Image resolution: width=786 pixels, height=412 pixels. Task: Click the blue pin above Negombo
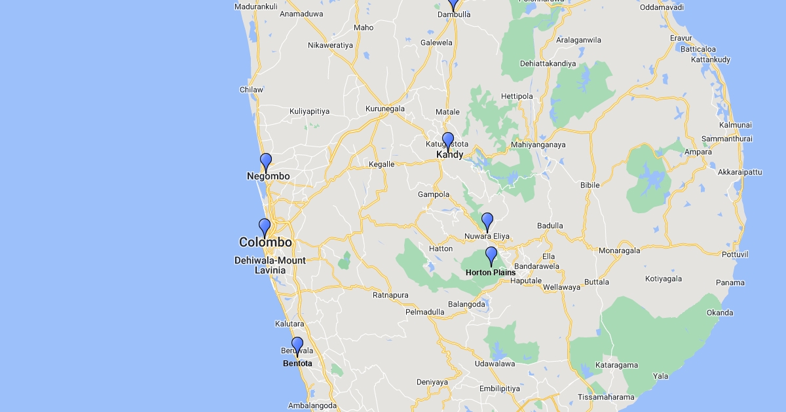coord(266,162)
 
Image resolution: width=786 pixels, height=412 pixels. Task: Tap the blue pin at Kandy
coord(448,141)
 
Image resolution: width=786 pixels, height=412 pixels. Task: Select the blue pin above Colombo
coord(265,227)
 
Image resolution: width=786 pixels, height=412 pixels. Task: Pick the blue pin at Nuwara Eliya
coord(487,221)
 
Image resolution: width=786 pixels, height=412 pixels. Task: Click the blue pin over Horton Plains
coord(491,255)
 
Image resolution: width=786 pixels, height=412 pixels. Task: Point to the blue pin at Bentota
coord(297,345)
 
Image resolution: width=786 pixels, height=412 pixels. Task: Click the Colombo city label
coord(265,243)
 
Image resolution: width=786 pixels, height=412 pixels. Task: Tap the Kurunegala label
coord(385,109)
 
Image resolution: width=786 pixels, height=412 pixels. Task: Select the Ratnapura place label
coord(390,296)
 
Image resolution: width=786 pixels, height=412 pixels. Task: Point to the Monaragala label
coord(619,250)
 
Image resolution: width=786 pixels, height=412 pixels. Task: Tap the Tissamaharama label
coord(606,398)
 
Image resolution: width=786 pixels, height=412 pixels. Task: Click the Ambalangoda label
coord(312,405)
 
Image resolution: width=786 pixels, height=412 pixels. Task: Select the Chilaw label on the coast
coord(252,90)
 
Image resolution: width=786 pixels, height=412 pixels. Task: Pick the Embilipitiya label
coord(499,388)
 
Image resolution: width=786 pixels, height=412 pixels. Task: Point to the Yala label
coord(661,376)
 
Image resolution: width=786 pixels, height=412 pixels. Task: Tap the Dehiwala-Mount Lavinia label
coord(270,265)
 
